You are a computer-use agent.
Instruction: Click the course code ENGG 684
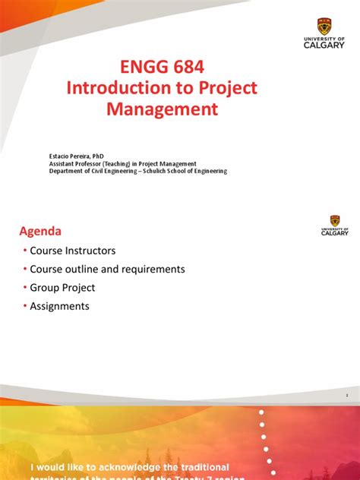coord(162,67)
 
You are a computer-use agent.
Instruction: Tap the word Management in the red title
coord(162,110)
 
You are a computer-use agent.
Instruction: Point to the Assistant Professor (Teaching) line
coord(123,163)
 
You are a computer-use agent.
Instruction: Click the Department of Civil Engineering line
coord(137,172)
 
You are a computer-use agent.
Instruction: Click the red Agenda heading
coord(40,231)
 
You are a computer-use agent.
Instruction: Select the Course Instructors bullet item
coord(73,250)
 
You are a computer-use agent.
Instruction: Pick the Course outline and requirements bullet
coord(107,269)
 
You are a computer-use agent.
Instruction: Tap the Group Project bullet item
coord(62,288)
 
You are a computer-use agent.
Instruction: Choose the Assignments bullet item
coord(59,306)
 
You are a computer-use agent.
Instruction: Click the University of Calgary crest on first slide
coord(323,26)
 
